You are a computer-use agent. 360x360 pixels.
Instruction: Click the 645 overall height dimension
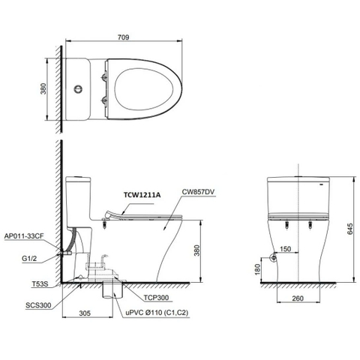[349, 230]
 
